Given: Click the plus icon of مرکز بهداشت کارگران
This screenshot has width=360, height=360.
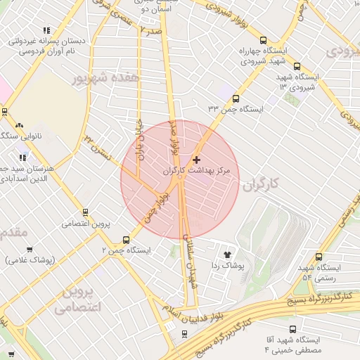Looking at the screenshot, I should [196, 160].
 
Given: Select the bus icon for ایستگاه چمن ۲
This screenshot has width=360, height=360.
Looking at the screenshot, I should [126, 240].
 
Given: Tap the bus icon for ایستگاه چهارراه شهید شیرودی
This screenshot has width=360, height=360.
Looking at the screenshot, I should [263, 41].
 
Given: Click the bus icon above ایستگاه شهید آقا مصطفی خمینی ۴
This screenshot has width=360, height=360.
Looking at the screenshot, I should [293, 329].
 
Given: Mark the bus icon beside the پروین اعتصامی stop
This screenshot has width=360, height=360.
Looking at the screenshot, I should [86, 212].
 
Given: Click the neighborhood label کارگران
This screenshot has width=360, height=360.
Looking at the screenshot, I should [260, 184].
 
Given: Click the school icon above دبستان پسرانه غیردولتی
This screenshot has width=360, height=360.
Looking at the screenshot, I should [46, 30].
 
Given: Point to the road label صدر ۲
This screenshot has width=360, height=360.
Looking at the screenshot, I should [151, 31].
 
